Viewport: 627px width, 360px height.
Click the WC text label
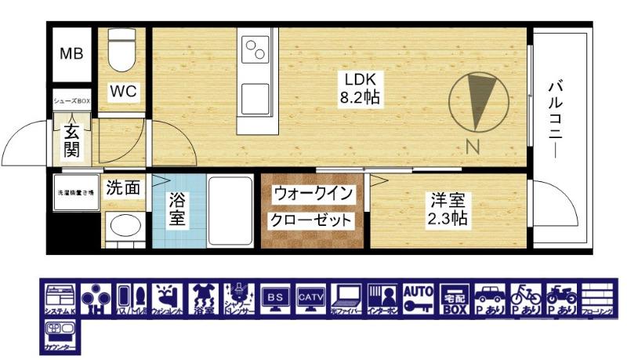(x=123, y=92)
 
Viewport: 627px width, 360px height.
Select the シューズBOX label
(x=72, y=102)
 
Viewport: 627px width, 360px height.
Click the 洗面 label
(x=123, y=187)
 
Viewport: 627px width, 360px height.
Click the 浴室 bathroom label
(x=178, y=209)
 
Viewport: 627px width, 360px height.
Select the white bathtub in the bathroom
(x=229, y=209)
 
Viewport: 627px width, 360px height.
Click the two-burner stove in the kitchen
(x=256, y=52)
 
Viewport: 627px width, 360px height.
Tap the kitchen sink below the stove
(x=256, y=98)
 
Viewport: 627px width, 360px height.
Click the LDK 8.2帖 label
(x=360, y=89)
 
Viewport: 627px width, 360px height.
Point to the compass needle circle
(x=474, y=102)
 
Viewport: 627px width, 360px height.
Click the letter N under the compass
(x=473, y=146)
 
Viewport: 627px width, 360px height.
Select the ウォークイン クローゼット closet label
(x=313, y=206)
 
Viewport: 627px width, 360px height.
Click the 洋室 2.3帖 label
(x=447, y=209)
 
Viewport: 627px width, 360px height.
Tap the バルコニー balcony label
(x=558, y=118)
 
